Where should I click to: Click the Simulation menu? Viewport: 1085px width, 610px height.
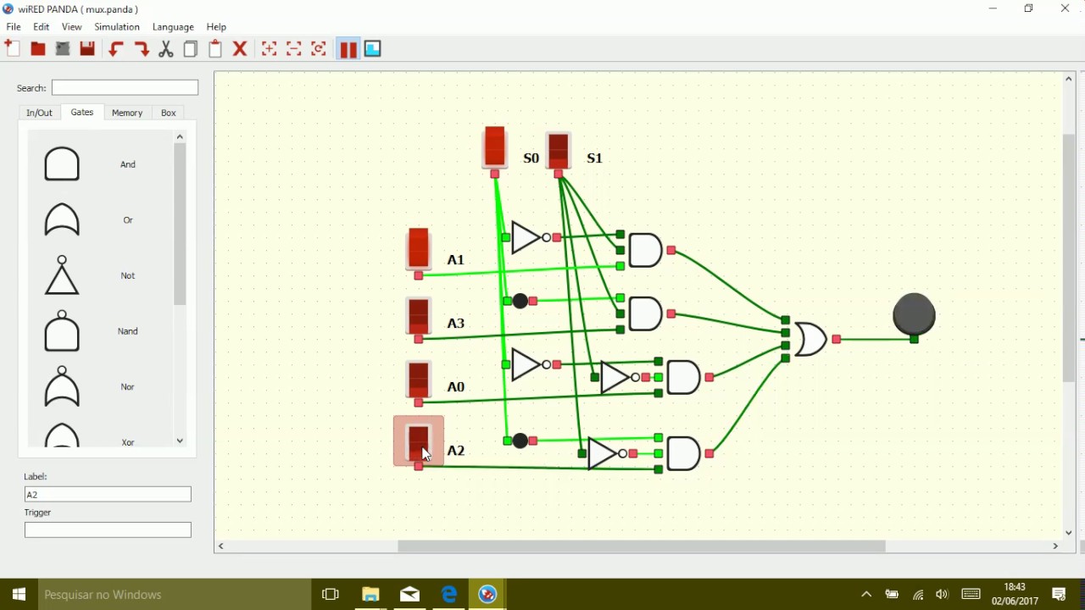(x=117, y=27)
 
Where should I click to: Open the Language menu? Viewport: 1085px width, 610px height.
(x=173, y=27)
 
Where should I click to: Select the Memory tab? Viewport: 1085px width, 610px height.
(x=127, y=113)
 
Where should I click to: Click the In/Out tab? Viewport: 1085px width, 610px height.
(x=39, y=113)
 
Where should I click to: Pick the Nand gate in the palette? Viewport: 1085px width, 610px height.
(x=62, y=331)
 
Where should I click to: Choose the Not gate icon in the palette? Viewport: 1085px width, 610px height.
(x=62, y=276)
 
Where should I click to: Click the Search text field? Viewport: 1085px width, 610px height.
(x=125, y=87)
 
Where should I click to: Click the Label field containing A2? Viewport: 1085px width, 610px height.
(x=108, y=494)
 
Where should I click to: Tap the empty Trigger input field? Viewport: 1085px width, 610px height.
(x=108, y=530)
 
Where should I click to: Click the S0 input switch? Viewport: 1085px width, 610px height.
(x=495, y=147)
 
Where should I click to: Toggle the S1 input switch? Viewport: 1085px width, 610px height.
(x=559, y=151)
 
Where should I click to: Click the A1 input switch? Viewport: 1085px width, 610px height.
(x=419, y=249)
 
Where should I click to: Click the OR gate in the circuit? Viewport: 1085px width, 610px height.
(x=810, y=339)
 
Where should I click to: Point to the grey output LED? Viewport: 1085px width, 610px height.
(x=915, y=314)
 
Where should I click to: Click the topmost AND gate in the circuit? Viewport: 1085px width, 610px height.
(x=645, y=251)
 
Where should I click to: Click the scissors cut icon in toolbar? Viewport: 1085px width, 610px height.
(x=166, y=49)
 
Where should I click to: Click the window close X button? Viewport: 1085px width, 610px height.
(x=1066, y=8)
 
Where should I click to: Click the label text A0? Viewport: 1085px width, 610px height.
(x=456, y=387)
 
